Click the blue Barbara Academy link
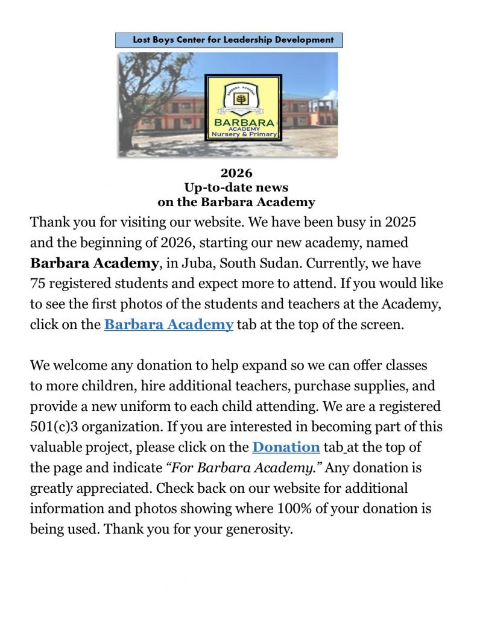click(168, 324)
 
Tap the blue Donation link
click(286, 447)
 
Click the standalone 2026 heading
click(236, 174)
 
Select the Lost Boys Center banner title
click(229, 40)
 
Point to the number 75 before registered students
click(37, 283)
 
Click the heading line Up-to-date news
click(236, 188)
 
